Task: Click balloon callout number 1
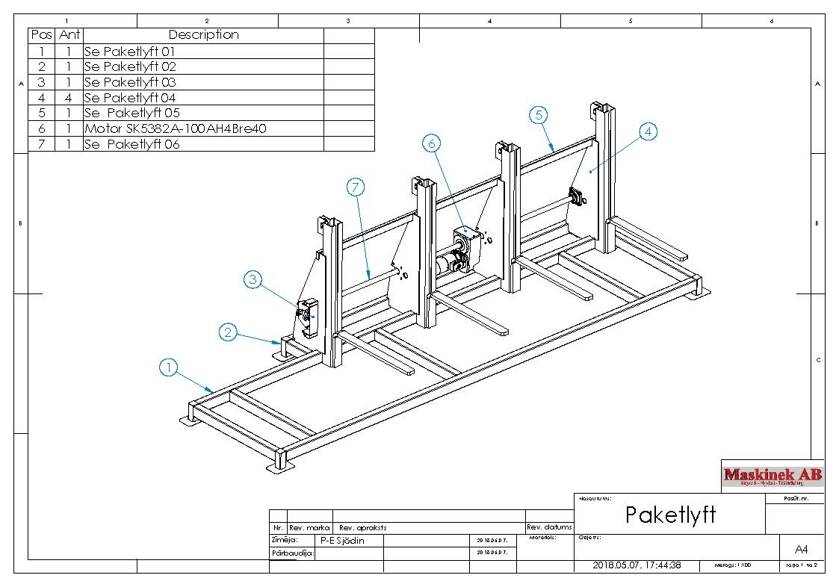tap(170, 367)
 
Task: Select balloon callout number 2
tap(229, 332)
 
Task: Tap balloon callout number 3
tap(253, 280)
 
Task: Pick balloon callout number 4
tap(648, 131)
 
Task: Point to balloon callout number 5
tap(539, 115)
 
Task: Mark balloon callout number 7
tap(355, 188)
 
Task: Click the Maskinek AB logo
tap(773, 475)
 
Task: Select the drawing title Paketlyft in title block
tap(670, 515)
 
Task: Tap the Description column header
tap(203, 35)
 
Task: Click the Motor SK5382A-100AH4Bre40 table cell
tap(175, 128)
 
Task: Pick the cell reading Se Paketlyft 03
tap(130, 82)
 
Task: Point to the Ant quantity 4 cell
tap(69, 98)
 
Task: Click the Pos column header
tap(41, 35)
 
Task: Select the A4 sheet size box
tap(802, 549)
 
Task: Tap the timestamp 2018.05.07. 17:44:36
tap(637, 565)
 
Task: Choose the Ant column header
tap(69, 35)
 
